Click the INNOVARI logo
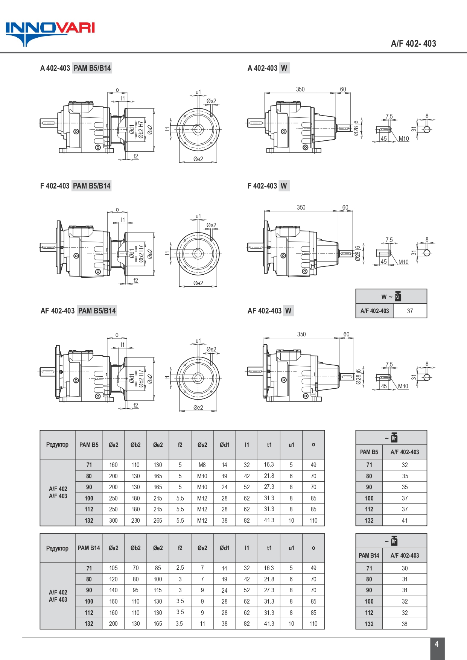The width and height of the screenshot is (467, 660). click(50, 33)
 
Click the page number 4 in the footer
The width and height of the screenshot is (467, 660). click(437, 644)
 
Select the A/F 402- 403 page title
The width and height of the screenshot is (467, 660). click(413, 43)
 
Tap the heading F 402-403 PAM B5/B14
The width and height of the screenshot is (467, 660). click(75, 186)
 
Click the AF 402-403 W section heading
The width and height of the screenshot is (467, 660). click(269, 311)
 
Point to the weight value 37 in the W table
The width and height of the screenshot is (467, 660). click(410, 311)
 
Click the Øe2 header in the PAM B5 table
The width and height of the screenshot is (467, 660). click(158, 445)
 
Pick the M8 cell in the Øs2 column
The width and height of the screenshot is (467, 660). click(202, 465)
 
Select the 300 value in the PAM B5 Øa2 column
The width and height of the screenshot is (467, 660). click(113, 520)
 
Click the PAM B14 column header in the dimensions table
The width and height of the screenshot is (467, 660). click(89, 548)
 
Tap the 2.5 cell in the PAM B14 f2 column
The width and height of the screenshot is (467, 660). click(180, 568)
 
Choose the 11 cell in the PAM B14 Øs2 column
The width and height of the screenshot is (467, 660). click(202, 624)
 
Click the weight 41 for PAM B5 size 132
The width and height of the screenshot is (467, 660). click(405, 520)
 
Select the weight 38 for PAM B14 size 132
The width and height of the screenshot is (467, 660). click(405, 624)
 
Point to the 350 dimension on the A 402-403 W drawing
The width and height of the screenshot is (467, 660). click(300, 89)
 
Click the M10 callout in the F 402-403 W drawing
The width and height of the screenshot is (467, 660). click(403, 262)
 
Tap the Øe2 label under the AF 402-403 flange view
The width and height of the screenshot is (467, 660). click(198, 408)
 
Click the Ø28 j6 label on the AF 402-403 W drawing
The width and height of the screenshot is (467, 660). click(358, 376)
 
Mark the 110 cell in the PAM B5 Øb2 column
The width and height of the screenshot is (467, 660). click(135, 465)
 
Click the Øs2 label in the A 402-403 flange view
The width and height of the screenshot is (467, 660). click(211, 101)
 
